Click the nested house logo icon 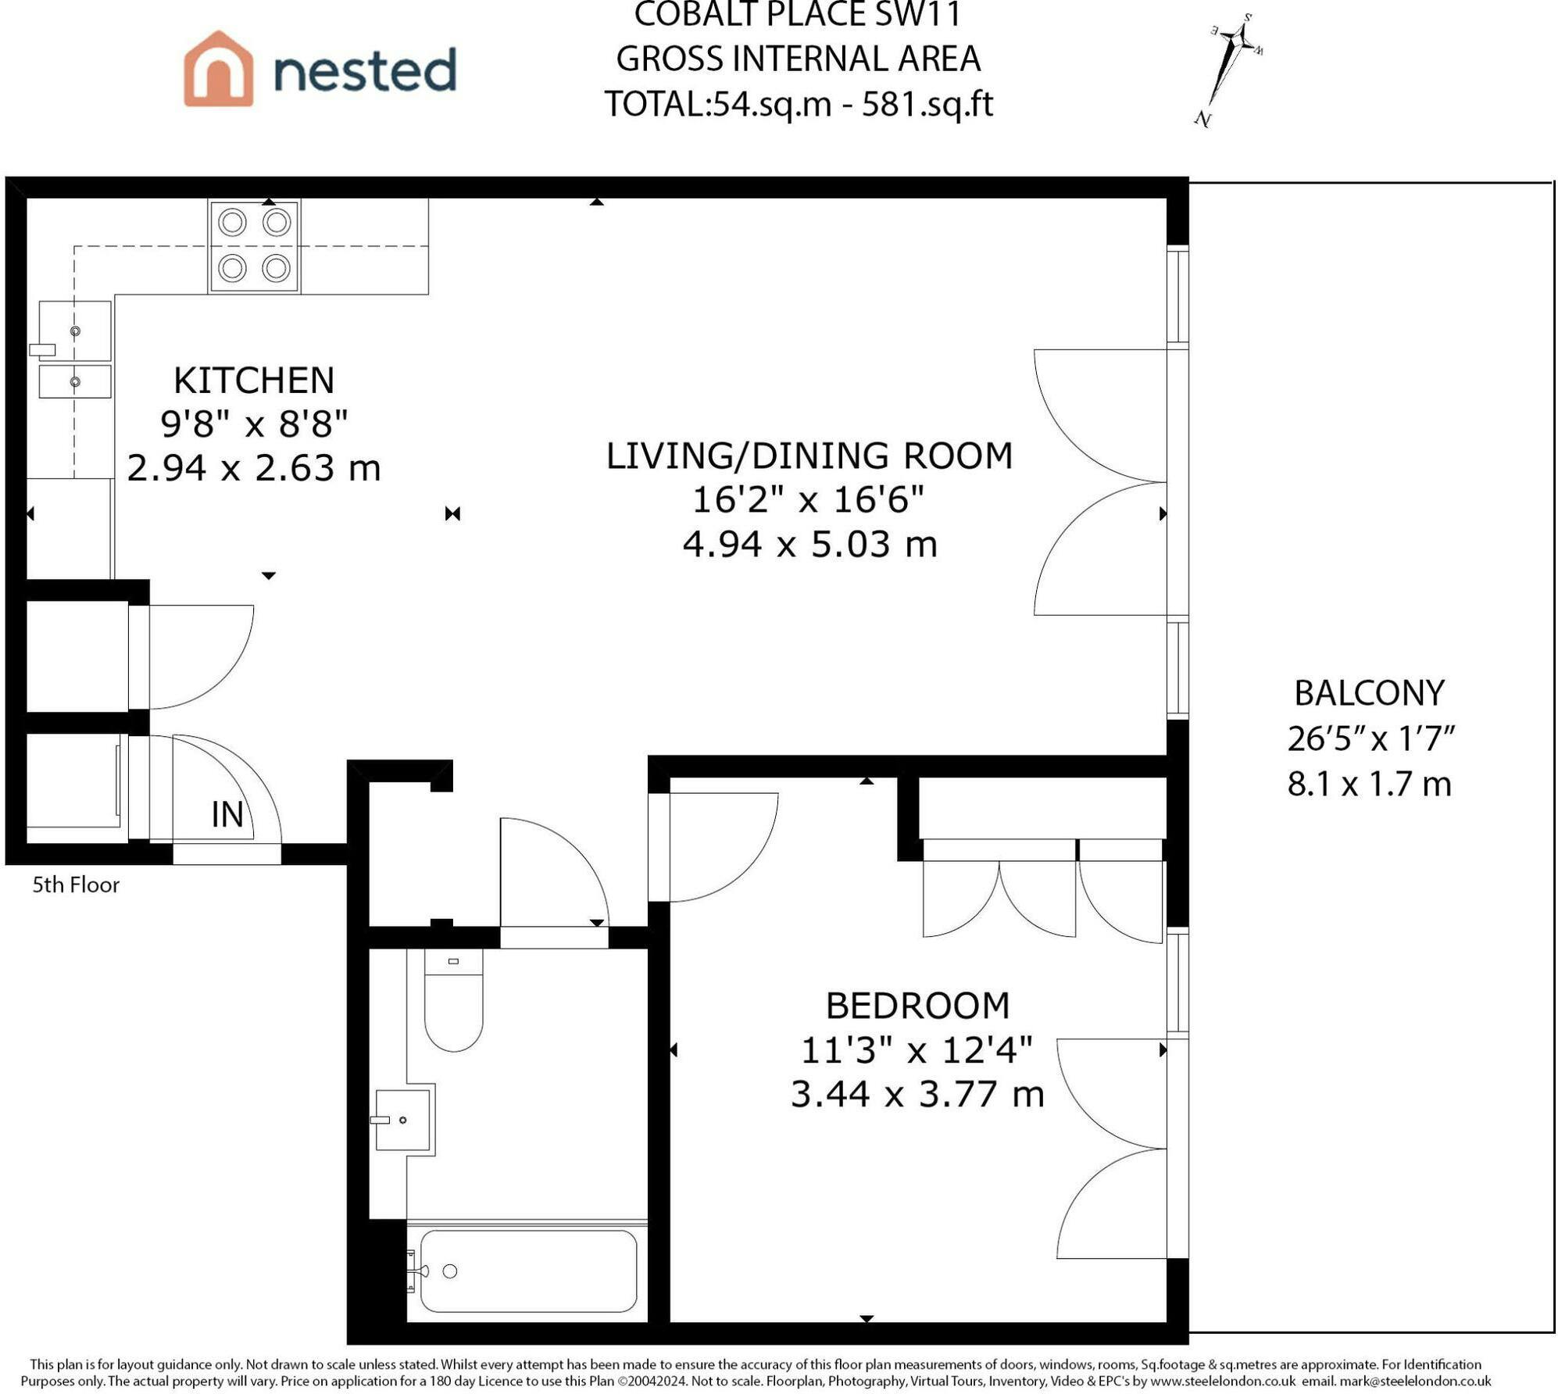pyautogui.click(x=218, y=69)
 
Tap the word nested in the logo pyautogui.click(x=365, y=70)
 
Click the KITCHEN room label pyautogui.click(x=254, y=381)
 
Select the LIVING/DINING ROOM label pyautogui.click(x=809, y=456)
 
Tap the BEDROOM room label pyautogui.click(x=917, y=1006)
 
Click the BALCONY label pyautogui.click(x=1369, y=693)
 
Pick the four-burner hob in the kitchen pyautogui.click(x=254, y=246)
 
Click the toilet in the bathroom pyautogui.click(x=454, y=999)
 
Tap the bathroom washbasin pyautogui.click(x=403, y=1120)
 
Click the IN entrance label pyautogui.click(x=227, y=815)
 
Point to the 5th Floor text pyautogui.click(x=76, y=885)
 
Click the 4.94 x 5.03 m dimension pyautogui.click(x=810, y=545)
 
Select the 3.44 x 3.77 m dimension pyautogui.click(x=917, y=1094)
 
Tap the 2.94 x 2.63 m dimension pyautogui.click(x=254, y=469)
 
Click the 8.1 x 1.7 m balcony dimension pyautogui.click(x=1369, y=784)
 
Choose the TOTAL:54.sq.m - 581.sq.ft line pyautogui.click(x=799, y=104)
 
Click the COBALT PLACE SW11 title pyautogui.click(x=798, y=14)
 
